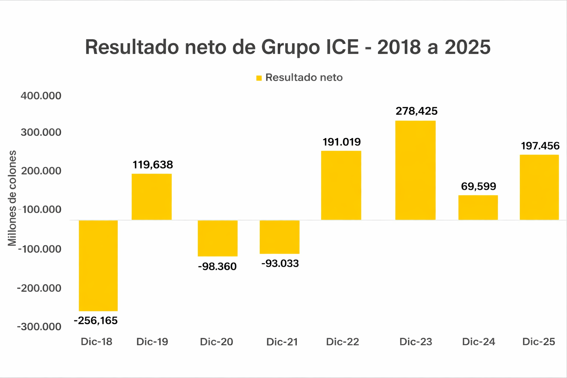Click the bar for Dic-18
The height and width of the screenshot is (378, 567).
click(98, 265)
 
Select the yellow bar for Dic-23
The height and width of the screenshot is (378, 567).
click(415, 170)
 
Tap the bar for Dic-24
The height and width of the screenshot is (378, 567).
click(478, 207)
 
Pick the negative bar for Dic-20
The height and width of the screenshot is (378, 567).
click(217, 238)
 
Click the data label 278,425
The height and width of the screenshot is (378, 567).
click(416, 111)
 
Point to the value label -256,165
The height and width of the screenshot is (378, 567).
click(96, 320)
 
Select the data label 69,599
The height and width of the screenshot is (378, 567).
click(478, 186)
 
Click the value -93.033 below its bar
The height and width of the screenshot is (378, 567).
click(280, 264)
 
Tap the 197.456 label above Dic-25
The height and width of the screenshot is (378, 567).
click(540, 146)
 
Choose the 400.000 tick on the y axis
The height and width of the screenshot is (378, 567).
click(41, 96)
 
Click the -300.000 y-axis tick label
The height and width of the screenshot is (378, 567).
click(39, 327)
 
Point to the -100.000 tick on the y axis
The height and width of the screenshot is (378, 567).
click(40, 249)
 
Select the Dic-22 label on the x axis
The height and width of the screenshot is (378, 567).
click(342, 342)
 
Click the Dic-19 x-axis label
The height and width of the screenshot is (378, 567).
click(152, 342)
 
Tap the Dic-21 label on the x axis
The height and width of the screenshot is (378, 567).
click(282, 342)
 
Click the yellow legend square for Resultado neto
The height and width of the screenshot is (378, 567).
click(259, 78)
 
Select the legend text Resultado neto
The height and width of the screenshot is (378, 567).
click(304, 78)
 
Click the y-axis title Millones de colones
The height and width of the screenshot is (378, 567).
click(13, 198)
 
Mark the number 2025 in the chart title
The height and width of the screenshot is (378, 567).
click(467, 47)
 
